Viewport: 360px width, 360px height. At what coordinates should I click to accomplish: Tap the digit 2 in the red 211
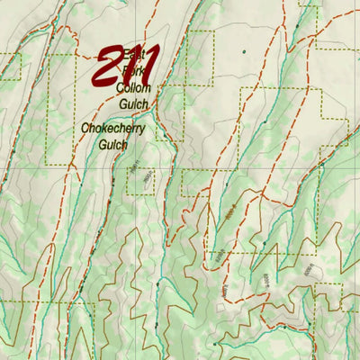(x=108, y=67)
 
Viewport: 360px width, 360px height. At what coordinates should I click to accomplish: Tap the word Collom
(x=134, y=88)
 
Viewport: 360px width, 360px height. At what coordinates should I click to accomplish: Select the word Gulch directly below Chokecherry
(x=113, y=144)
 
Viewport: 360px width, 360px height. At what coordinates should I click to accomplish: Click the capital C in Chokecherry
(x=85, y=129)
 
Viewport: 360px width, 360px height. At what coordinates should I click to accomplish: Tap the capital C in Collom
(x=121, y=88)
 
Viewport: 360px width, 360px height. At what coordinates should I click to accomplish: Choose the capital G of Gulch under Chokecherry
(x=103, y=144)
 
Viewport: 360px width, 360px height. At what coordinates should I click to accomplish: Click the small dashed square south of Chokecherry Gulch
(x=140, y=182)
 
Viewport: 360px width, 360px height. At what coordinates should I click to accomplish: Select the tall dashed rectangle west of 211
(x=61, y=108)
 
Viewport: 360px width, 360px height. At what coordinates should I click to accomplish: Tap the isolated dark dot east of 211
(x=243, y=51)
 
